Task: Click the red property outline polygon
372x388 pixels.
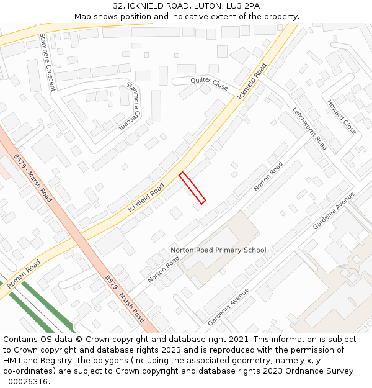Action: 192,188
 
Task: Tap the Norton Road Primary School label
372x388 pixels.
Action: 218,250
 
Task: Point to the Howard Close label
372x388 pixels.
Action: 342,117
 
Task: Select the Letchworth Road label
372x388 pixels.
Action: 309,129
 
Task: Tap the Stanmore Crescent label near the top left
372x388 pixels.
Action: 47,62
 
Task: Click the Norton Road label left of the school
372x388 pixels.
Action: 164,269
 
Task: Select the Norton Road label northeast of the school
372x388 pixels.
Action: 268,176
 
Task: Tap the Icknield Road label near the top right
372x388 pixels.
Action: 252,80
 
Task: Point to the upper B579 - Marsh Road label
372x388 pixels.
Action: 33,178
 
